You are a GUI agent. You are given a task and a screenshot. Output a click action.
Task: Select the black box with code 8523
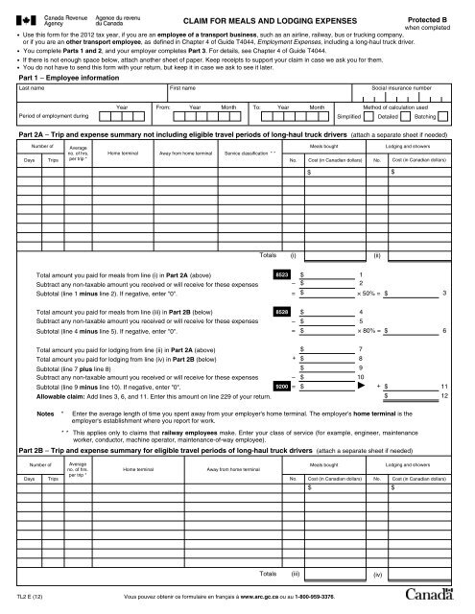pos(282,274)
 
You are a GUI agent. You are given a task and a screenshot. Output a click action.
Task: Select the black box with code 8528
pos(282,313)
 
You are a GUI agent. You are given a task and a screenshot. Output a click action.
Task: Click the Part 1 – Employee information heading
pos(67,78)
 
